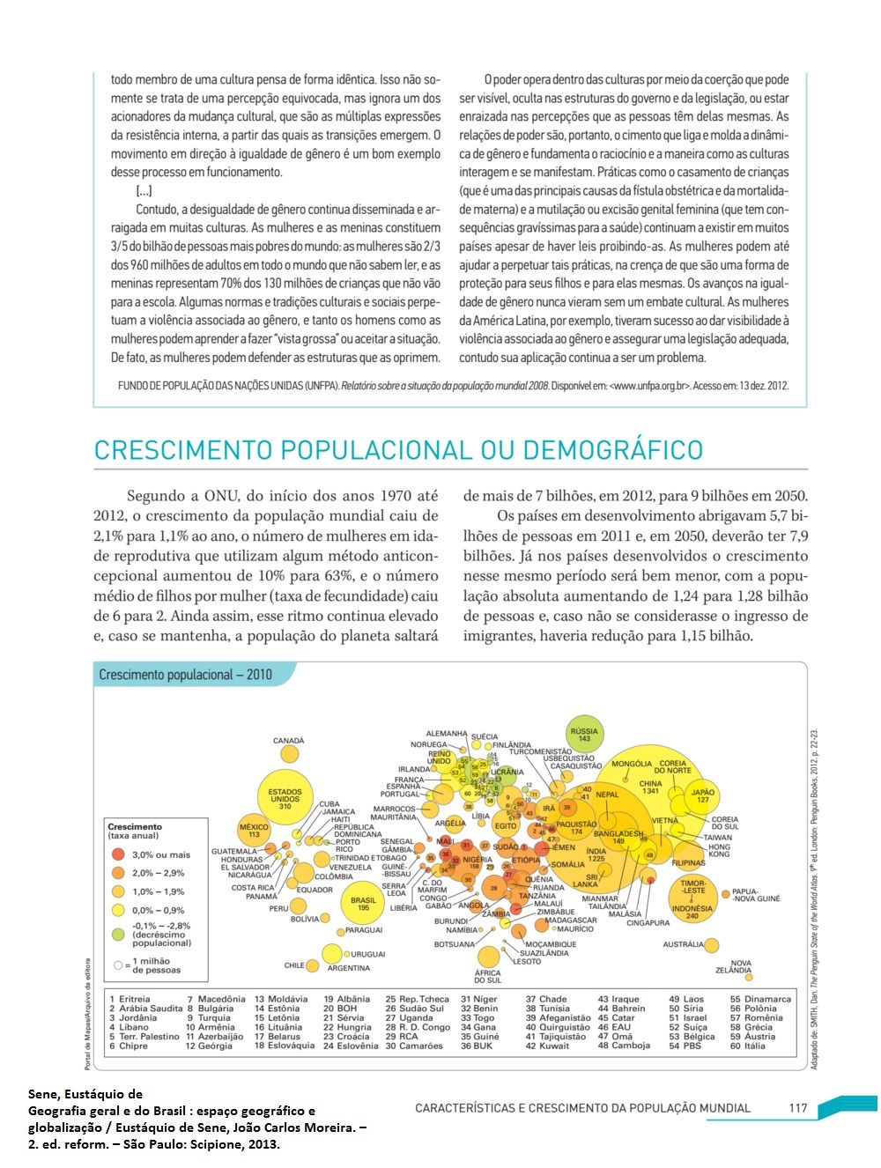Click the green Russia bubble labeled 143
[583, 735]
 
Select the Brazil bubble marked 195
[363, 904]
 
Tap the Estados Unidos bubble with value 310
[285, 798]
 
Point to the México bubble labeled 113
[254, 830]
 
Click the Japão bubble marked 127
[703, 795]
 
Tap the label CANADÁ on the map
[288, 741]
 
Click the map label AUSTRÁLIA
[684, 944]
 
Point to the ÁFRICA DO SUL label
[487, 976]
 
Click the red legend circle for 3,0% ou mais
[118, 854]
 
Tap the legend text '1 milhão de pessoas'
[157, 965]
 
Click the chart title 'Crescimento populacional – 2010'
[185, 675]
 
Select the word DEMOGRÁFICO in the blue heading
[613, 450]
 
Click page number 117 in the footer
[797, 1108]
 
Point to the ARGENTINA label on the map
[348, 968]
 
